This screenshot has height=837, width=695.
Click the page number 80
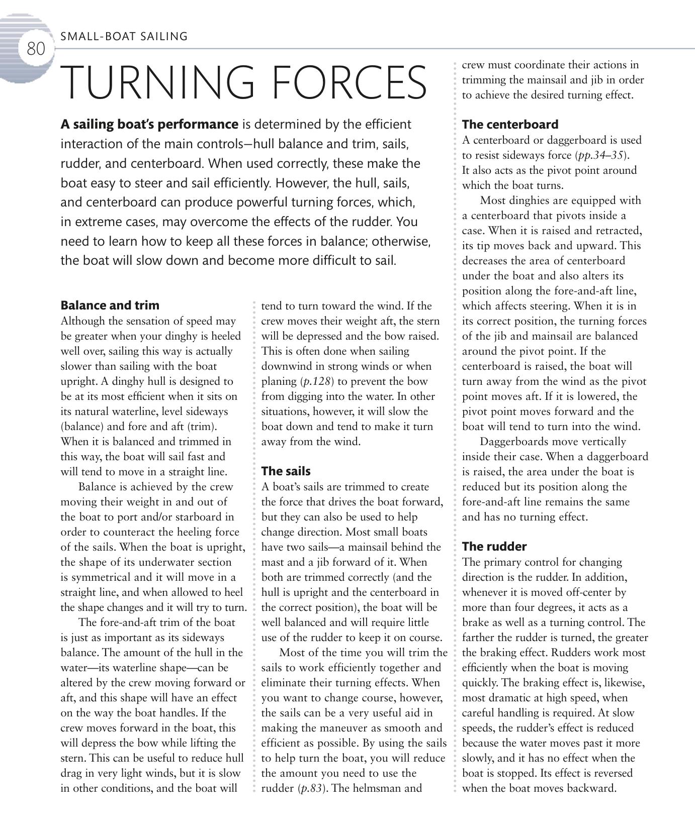pos(36,49)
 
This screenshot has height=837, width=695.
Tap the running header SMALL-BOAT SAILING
pos(124,36)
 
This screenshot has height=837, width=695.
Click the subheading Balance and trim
pos(110,305)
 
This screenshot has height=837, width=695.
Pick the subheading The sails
pos(286,471)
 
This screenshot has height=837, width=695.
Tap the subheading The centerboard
pos(510,125)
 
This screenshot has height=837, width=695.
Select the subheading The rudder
pos(494,547)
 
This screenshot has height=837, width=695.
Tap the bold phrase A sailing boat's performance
pos(149,125)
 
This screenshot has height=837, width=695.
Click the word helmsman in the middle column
pos(377,788)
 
